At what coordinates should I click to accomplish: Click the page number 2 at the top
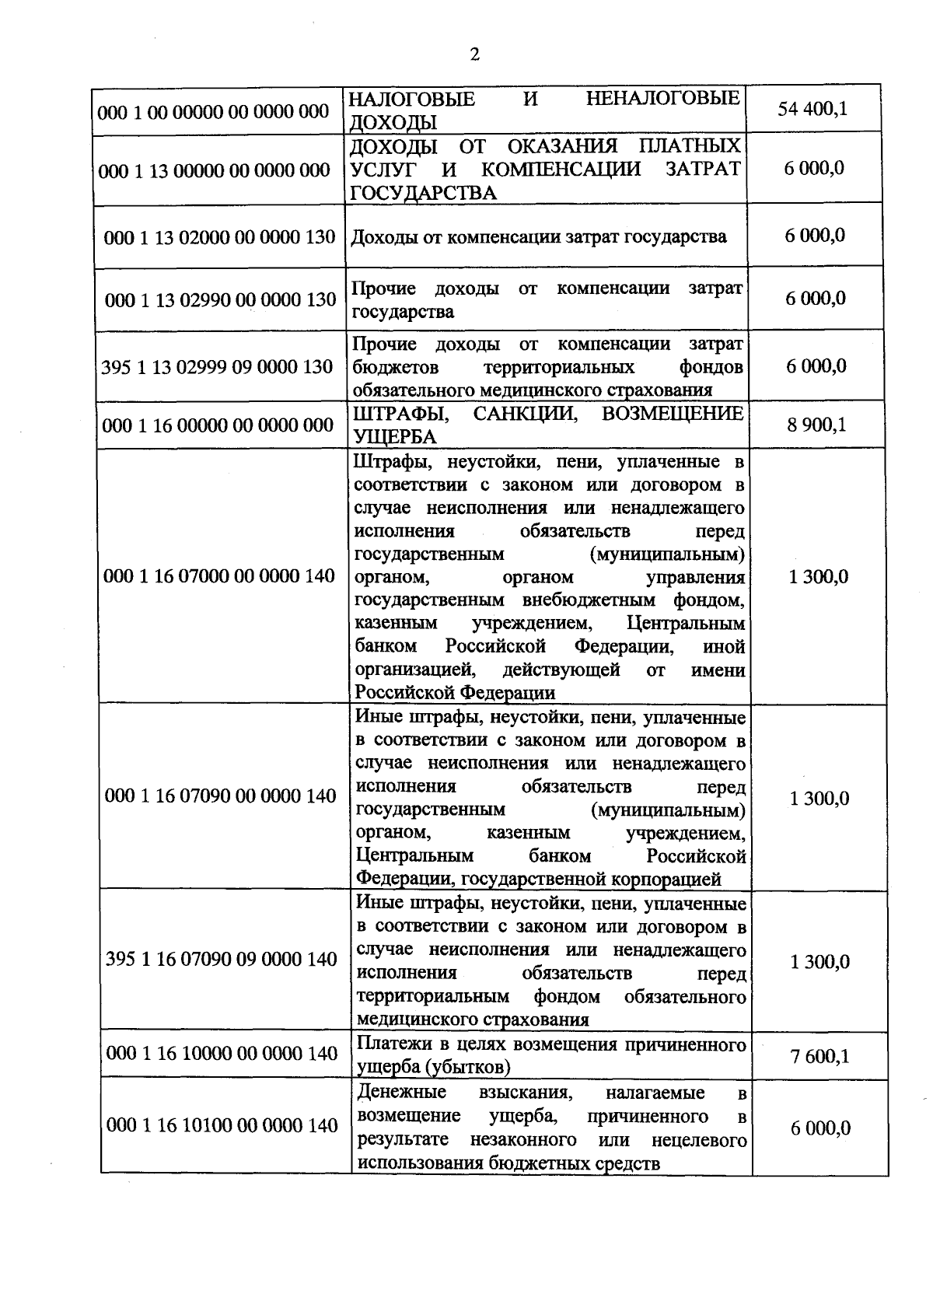(x=475, y=54)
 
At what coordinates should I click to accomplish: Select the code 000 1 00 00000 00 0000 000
(x=214, y=111)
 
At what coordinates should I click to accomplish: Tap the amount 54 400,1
(x=812, y=108)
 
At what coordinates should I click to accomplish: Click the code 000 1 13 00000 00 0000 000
(x=215, y=170)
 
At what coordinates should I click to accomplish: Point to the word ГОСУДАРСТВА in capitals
(x=423, y=193)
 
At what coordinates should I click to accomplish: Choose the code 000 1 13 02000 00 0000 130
(x=220, y=237)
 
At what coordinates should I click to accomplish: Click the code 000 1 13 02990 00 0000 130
(x=220, y=299)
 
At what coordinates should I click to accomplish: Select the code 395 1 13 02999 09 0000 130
(x=218, y=366)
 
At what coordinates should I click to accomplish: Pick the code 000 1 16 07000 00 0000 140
(x=219, y=575)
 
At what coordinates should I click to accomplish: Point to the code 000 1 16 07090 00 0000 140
(x=221, y=796)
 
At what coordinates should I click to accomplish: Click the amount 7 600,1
(x=820, y=1055)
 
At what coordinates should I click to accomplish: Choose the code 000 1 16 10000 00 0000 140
(x=222, y=1053)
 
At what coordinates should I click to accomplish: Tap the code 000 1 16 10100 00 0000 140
(x=222, y=1125)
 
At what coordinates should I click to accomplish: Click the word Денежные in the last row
(x=402, y=1092)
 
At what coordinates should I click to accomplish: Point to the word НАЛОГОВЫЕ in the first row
(x=411, y=100)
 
